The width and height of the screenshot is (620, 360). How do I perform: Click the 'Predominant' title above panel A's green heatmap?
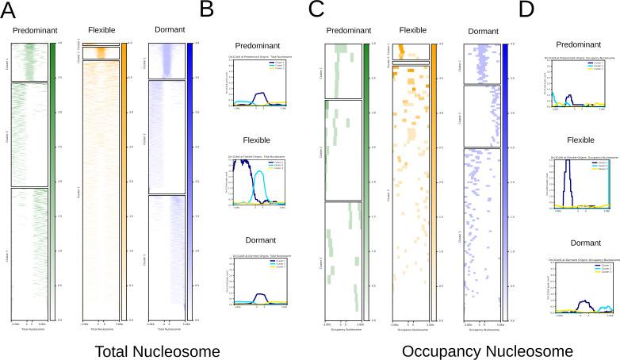[x=29, y=31]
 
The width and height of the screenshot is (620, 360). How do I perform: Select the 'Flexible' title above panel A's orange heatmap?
[x=99, y=31]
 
